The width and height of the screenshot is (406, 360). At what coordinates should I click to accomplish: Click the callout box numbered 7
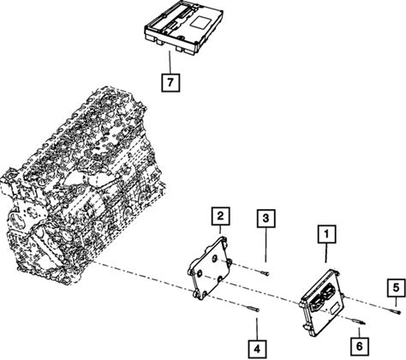tap(170, 82)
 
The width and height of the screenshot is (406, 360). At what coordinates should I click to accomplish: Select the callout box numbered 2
tap(220, 216)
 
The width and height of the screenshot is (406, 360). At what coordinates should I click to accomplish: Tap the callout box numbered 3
tap(266, 219)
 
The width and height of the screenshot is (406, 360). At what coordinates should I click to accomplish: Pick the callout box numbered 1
tap(327, 234)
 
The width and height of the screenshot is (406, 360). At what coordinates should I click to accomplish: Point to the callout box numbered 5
tap(397, 288)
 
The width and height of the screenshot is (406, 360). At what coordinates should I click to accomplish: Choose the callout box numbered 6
tap(360, 346)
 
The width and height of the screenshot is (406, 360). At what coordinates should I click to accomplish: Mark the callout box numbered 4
tap(257, 349)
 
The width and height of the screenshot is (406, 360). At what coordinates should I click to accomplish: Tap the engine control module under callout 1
tap(321, 302)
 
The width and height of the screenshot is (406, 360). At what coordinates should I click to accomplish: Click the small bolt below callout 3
tap(266, 273)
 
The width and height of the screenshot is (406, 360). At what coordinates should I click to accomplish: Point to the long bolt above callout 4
tap(253, 309)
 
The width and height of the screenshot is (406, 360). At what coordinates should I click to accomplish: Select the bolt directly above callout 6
tap(358, 322)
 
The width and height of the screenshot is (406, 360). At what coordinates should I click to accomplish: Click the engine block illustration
tap(83, 182)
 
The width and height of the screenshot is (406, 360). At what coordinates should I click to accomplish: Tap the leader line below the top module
tap(170, 63)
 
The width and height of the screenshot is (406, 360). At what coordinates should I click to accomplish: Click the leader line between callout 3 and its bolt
tap(266, 245)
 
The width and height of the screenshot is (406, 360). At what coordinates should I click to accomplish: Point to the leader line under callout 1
tap(326, 253)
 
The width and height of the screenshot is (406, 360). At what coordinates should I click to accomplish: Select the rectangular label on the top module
tap(201, 21)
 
